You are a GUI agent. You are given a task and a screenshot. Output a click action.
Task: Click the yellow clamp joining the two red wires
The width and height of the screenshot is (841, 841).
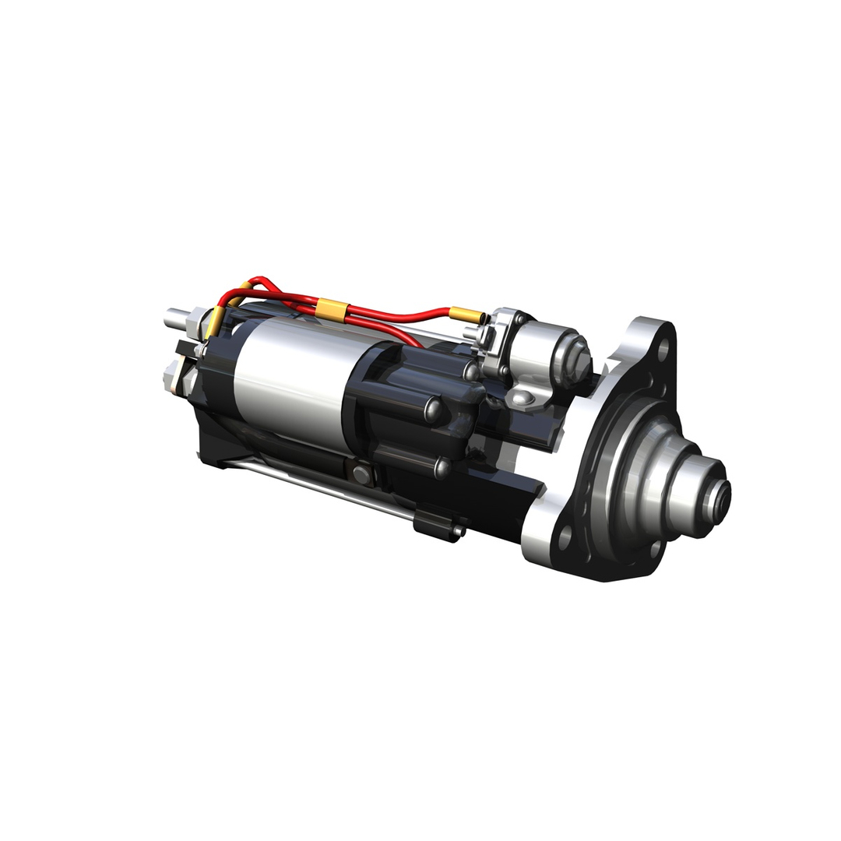click(x=331, y=309)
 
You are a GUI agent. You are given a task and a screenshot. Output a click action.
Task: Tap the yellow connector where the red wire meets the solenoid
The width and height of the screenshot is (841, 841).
click(x=466, y=315)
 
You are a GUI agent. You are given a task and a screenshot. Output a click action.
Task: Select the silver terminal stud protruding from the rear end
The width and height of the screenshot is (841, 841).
click(x=175, y=316)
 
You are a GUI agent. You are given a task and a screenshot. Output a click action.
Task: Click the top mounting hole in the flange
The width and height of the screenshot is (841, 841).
click(x=663, y=351)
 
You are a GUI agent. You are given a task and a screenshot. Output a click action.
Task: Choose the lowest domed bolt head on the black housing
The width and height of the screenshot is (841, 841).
click(x=442, y=466)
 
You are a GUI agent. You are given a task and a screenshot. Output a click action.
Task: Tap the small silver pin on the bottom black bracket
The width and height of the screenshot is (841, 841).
click(x=458, y=532)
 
